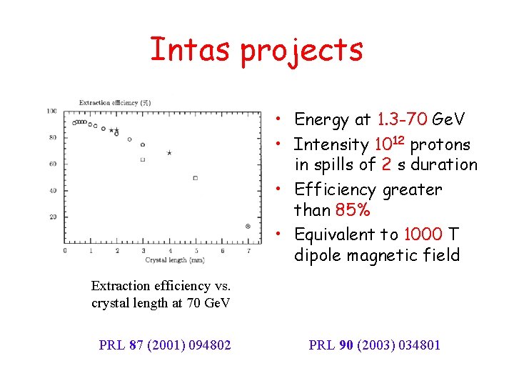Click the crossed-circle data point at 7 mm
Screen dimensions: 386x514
[248, 226]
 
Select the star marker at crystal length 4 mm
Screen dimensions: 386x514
[169, 153]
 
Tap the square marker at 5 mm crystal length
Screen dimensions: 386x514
[195, 178]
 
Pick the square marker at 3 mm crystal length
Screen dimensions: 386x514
[143, 159]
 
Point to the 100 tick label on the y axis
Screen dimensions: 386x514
[52, 111]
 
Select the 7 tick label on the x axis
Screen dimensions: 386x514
[248, 251]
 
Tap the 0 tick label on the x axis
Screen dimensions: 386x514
[64, 251]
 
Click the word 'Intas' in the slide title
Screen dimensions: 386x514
[191, 49]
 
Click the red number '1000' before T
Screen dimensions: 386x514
[423, 234]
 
